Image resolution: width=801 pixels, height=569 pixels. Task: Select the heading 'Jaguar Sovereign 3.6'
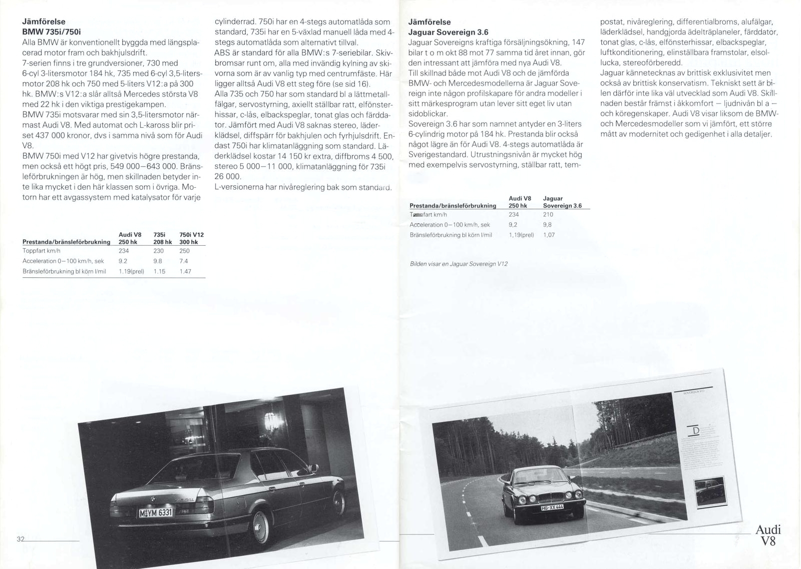click(x=448, y=32)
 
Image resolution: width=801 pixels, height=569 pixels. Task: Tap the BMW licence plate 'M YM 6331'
click(x=156, y=512)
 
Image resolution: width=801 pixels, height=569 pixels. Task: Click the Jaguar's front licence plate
click(x=552, y=506)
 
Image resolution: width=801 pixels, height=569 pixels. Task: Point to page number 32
click(x=21, y=539)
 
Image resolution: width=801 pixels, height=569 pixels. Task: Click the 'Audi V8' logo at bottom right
click(x=767, y=535)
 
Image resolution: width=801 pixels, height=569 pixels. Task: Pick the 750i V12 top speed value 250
click(x=184, y=251)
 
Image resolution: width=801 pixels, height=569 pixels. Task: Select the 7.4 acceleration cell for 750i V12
click(x=184, y=261)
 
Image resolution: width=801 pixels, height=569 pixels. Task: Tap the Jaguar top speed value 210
click(x=548, y=214)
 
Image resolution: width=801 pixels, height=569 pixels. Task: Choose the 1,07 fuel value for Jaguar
click(x=549, y=235)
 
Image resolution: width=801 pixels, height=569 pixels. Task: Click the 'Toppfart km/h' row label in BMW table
click(x=42, y=251)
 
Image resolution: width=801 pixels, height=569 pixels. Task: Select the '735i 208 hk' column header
click(x=162, y=238)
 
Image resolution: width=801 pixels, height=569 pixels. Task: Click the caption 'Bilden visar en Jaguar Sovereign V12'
click(x=459, y=264)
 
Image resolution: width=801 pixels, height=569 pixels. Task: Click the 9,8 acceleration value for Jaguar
click(x=547, y=225)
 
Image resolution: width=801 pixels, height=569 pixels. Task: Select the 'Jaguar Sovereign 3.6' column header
click(x=562, y=202)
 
